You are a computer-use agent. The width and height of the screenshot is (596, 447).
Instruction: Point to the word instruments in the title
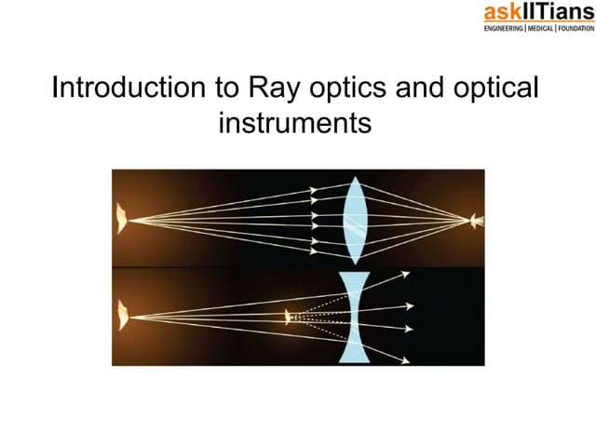point(295,122)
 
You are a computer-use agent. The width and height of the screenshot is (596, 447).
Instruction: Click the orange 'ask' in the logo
point(503,13)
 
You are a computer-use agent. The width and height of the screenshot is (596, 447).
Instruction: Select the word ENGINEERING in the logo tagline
point(508,29)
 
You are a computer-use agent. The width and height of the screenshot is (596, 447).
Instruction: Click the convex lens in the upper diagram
point(353,221)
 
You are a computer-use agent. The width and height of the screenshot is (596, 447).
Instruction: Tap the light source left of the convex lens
point(121,221)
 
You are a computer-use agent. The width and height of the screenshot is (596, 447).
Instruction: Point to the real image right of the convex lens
point(477,221)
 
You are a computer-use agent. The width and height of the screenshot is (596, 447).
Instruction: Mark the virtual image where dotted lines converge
point(291,318)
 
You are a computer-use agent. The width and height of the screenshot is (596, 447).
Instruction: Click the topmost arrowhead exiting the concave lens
point(406,273)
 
